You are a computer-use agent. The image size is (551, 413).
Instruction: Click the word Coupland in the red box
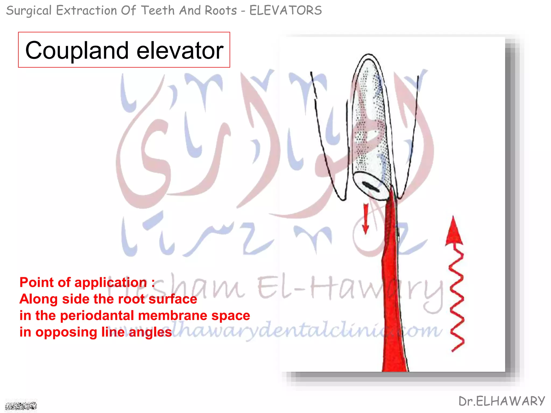pyautogui.click(x=77, y=51)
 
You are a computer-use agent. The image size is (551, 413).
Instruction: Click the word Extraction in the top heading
pyautogui.click(x=86, y=11)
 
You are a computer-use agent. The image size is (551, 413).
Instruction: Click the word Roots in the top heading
pyautogui.click(x=221, y=11)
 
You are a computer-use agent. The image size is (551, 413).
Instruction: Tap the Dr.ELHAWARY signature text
pyautogui.click(x=502, y=401)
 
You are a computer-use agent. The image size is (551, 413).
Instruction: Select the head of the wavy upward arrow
pyautogui.click(x=454, y=231)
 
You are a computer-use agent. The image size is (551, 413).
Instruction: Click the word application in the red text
pyautogui.click(x=111, y=283)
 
